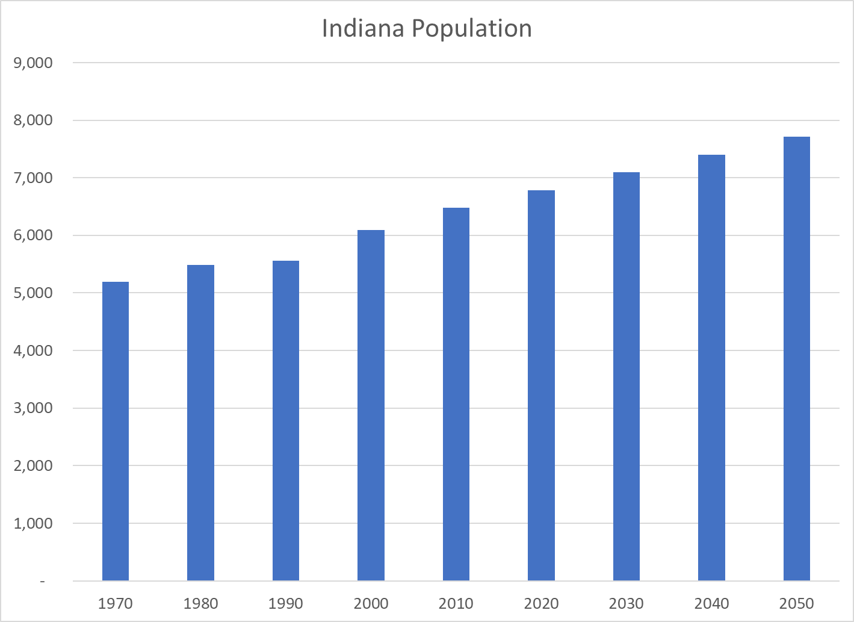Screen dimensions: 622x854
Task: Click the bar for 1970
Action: click(x=116, y=431)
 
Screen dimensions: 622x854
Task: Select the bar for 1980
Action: click(x=200, y=423)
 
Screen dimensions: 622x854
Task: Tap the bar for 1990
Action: click(x=286, y=421)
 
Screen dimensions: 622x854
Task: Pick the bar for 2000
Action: click(x=371, y=405)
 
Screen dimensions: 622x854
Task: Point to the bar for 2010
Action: click(x=456, y=394)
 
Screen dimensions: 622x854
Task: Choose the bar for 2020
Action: click(x=541, y=385)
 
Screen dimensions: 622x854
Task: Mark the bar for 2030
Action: click(x=627, y=376)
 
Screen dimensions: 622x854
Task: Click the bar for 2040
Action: click(x=711, y=368)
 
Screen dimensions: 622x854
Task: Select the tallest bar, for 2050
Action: click(x=797, y=359)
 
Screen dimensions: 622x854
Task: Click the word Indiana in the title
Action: click(x=362, y=29)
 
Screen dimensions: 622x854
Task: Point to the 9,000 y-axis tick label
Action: click(x=33, y=63)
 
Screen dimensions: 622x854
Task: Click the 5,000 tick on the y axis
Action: click(x=33, y=293)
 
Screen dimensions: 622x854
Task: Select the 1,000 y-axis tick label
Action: click(x=33, y=524)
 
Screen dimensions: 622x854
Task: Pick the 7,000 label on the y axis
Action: click(x=33, y=178)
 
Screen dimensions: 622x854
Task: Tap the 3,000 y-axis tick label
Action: click(x=33, y=408)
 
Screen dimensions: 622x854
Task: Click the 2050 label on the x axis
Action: click(x=797, y=603)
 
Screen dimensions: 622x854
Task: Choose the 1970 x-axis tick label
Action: click(x=116, y=603)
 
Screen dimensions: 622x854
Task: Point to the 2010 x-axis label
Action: click(x=456, y=603)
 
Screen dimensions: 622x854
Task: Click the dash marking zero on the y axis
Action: click(x=42, y=582)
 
